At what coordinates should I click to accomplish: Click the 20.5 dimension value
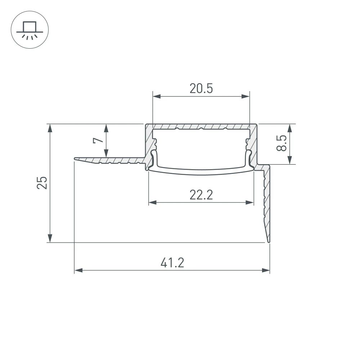coord(201,88)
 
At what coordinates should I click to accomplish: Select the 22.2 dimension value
coord(201,195)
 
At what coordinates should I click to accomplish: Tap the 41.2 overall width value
coord(172,263)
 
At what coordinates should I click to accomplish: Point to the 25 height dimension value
coord(42,183)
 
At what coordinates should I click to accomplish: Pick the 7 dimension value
coord(96,140)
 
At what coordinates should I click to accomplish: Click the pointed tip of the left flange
coord(76,158)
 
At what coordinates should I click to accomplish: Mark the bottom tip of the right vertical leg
coord(269,241)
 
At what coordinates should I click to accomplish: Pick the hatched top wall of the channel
coord(201,127)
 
